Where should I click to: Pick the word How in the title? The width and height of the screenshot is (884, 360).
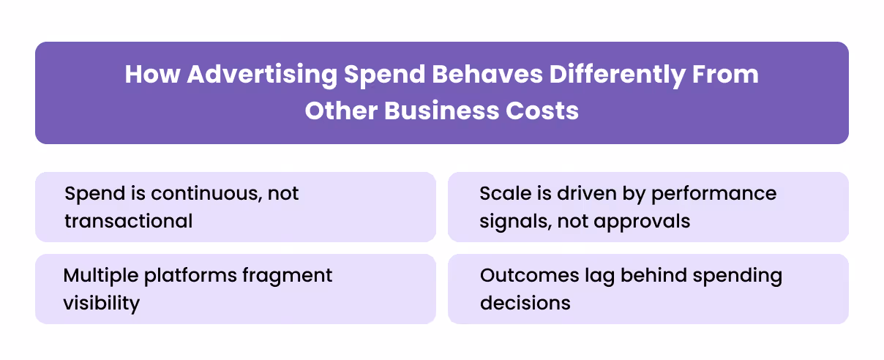[152, 75]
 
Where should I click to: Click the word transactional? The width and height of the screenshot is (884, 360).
[128, 220]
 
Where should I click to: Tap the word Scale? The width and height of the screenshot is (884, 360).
[504, 194]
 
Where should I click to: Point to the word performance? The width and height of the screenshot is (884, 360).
[713, 194]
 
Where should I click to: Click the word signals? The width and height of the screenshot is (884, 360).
[512, 220]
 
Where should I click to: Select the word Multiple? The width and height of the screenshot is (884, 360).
[100, 276]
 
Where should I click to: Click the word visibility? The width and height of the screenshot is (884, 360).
[101, 302]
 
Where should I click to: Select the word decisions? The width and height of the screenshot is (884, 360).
[525, 302]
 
